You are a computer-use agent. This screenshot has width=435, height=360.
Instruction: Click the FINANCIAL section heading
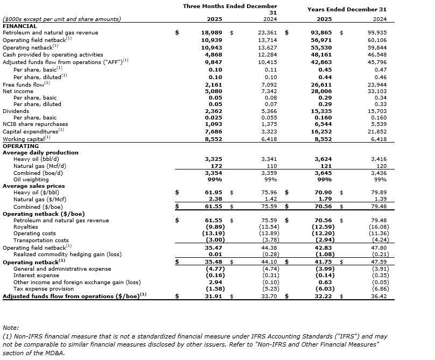tap(20, 26)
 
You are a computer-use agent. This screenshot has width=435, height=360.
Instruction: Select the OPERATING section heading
tap(20, 146)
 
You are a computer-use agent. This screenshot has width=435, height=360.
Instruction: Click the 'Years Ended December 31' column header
tap(347, 9)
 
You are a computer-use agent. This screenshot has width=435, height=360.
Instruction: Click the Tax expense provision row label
tap(44, 288)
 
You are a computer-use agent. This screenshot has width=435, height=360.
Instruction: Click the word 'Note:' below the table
tap(10, 327)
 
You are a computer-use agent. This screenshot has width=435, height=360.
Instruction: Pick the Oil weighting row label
tap(30, 179)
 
